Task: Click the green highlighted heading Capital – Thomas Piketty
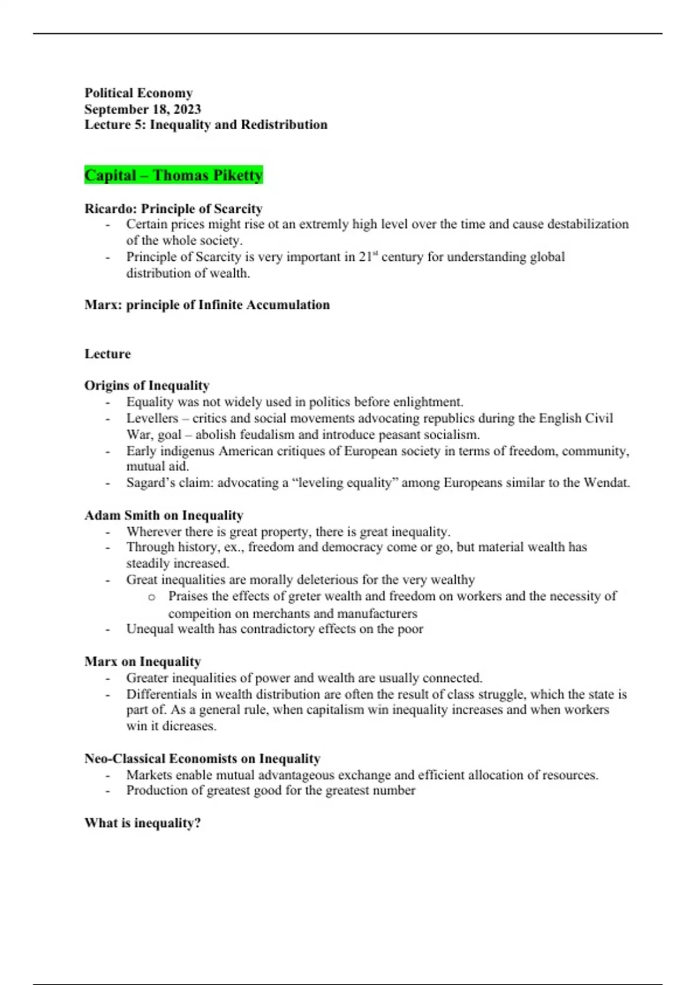[173, 175]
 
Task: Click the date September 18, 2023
[143, 109]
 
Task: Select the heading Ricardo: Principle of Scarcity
[173, 209]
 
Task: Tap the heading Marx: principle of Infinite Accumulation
[207, 305]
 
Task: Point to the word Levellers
[152, 418]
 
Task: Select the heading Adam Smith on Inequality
[164, 515]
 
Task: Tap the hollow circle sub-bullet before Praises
[152, 597]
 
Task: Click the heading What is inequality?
[143, 823]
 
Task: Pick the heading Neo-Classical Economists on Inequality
[202, 758]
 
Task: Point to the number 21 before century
[365, 257]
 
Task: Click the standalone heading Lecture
[107, 353]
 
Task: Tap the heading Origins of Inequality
[147, 385]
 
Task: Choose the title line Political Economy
[139, 93]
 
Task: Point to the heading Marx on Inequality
[143, 662]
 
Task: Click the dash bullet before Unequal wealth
[107, 629]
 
